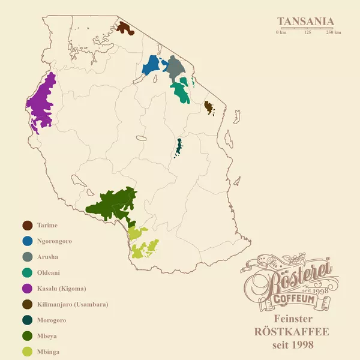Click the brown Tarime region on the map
click(125, 28)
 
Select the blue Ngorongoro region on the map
click(152, 66)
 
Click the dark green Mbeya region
click(114, 204)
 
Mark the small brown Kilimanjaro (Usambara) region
click(209, 107)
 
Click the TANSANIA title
click(305, 22)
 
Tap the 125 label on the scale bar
click(308, 32)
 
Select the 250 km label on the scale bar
click(334, 32)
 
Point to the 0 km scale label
click(281, 32)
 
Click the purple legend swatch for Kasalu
click(27, 289)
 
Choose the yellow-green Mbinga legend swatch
click(27, 352)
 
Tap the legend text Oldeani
click(49, 272)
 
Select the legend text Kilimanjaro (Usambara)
click(73, 304)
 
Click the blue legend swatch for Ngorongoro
click(27, 241)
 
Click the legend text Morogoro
click(52, 320)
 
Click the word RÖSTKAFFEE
click(292, 332)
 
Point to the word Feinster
click(293, 319)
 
